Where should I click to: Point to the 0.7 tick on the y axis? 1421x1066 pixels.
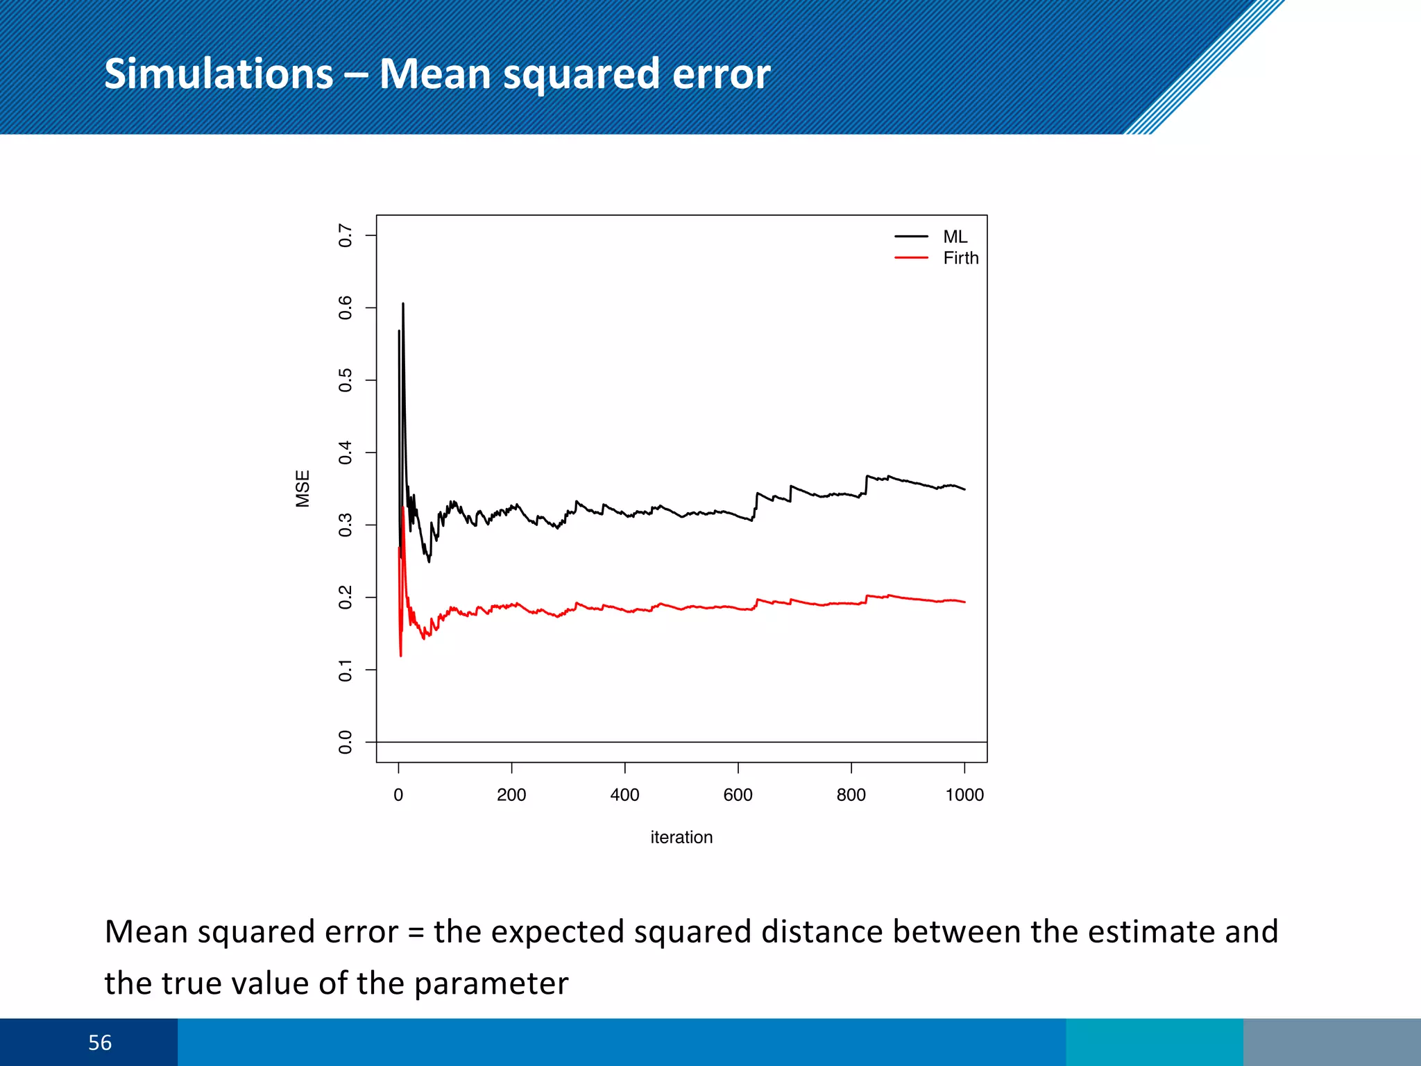345,235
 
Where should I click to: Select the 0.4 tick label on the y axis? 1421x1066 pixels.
345,452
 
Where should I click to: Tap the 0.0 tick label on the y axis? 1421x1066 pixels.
345,742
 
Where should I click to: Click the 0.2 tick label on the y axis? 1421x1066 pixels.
345,597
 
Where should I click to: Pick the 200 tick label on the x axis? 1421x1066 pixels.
511,795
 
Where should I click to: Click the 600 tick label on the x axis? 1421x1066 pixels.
738,795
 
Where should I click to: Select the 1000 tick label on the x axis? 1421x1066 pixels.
964,795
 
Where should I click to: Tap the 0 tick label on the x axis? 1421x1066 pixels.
398,795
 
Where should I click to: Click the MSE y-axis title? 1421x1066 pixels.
303,489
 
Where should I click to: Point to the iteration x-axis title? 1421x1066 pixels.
681,837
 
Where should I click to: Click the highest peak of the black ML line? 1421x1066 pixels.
403,304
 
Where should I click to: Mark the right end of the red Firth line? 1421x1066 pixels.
964,602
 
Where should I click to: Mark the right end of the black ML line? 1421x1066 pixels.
964,489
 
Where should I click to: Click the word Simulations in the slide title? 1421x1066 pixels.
219,74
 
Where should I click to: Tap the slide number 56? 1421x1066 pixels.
100,1042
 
